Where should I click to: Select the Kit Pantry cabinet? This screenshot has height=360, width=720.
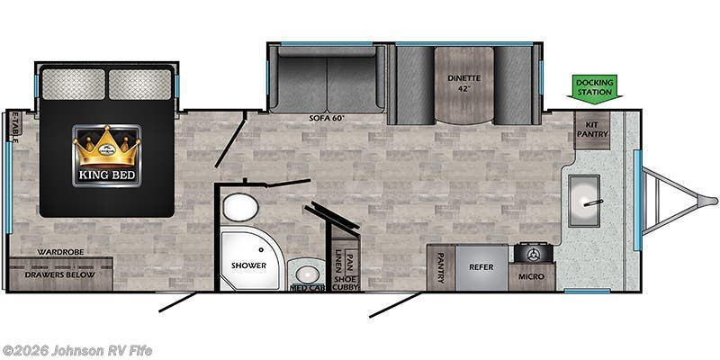click(592, 130)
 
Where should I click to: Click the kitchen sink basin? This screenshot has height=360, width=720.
click(584, 201)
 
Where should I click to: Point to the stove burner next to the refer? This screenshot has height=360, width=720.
click(533, 253)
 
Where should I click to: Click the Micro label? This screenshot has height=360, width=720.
click(532, 276)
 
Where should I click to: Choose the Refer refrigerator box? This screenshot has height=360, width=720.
click(481, 267)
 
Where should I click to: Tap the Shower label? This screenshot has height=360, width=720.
click(248, 265)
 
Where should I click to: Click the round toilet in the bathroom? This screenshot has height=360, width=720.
click(240, 208)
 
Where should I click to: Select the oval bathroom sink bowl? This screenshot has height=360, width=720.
click(307, 275)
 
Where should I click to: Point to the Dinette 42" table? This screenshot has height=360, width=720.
click(463, 85)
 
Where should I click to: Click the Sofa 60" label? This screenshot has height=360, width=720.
click(327, 118)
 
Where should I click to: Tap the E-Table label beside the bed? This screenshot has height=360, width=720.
click(15, 127)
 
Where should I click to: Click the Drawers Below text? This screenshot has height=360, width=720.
click(60, 275)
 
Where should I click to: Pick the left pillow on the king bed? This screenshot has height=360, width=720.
click(74, 84)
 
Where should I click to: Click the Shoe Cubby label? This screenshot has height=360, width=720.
click(346, 283)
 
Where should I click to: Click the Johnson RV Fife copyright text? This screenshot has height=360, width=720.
click(76, 351)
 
